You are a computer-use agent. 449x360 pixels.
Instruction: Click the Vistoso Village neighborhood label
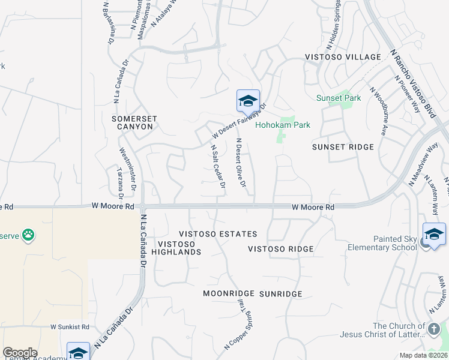click(343, 57)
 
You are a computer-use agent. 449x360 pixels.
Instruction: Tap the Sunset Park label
click(339, 98)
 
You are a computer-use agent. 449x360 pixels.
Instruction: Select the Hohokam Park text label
click(283, 125)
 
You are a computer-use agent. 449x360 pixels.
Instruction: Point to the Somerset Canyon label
click(133, 123)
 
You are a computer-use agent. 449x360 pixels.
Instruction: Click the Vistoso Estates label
click(218, 234)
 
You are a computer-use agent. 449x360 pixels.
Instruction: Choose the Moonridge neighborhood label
click(229, 293)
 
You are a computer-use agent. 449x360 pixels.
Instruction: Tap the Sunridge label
click(280, 294)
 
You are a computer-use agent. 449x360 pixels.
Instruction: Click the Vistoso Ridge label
click(281, 249)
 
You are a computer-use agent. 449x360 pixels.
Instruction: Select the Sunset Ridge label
click(343, 147)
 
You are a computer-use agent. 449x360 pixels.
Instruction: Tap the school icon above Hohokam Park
click(248, 101)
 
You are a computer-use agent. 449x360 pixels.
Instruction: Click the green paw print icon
click(28, 235)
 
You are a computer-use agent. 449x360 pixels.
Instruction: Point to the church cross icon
click(434, 328)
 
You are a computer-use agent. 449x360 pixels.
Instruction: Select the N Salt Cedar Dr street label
click(217, 166)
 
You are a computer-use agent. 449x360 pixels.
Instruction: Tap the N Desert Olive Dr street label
click(241, 163)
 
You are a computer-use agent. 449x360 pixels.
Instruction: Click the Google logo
click(20, 353)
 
